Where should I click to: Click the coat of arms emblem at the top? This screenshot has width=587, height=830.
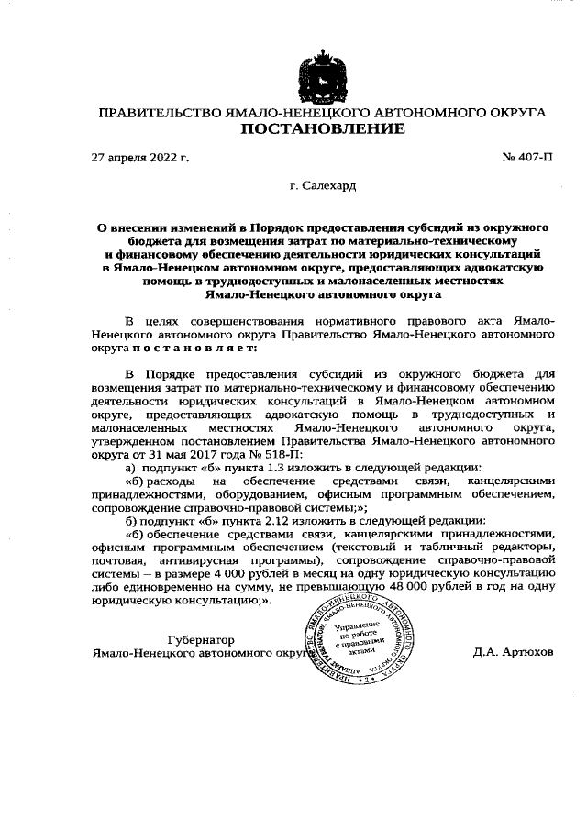[x=323, y=75]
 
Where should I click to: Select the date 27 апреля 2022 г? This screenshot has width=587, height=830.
[x=140, y=158]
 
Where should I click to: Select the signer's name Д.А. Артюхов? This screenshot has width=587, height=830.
[x=514, y=654]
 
